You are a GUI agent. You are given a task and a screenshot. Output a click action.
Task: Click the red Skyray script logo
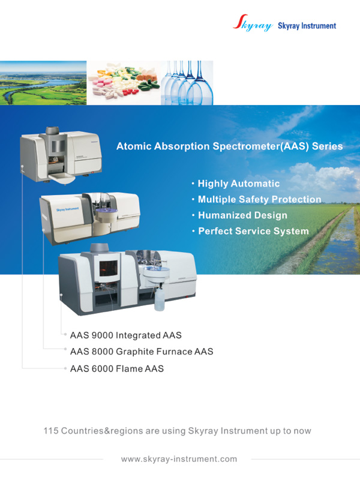[253, 23]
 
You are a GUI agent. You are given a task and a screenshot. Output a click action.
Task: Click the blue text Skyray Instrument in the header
[307, 26]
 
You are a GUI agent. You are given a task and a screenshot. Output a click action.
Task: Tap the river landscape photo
[43, 83]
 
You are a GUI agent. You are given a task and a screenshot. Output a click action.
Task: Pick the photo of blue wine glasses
[187, 83]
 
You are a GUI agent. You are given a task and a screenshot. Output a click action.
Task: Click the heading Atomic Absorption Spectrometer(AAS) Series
[230, 146]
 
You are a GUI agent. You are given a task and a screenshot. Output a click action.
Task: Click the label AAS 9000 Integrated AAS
[126, 335]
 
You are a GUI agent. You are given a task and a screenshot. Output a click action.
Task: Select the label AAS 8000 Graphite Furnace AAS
[142, 352]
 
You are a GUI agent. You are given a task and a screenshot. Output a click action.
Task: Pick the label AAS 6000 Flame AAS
[117, 368]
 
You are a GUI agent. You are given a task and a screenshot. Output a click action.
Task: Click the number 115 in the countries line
[51, 431]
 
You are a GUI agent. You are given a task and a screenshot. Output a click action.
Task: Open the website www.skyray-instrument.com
[179, 459]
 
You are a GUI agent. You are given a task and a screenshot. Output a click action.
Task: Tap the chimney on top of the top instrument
[52, 131]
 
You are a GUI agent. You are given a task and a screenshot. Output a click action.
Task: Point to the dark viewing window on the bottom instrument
[109, 268]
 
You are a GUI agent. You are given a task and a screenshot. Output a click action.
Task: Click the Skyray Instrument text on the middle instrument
[67, 209]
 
